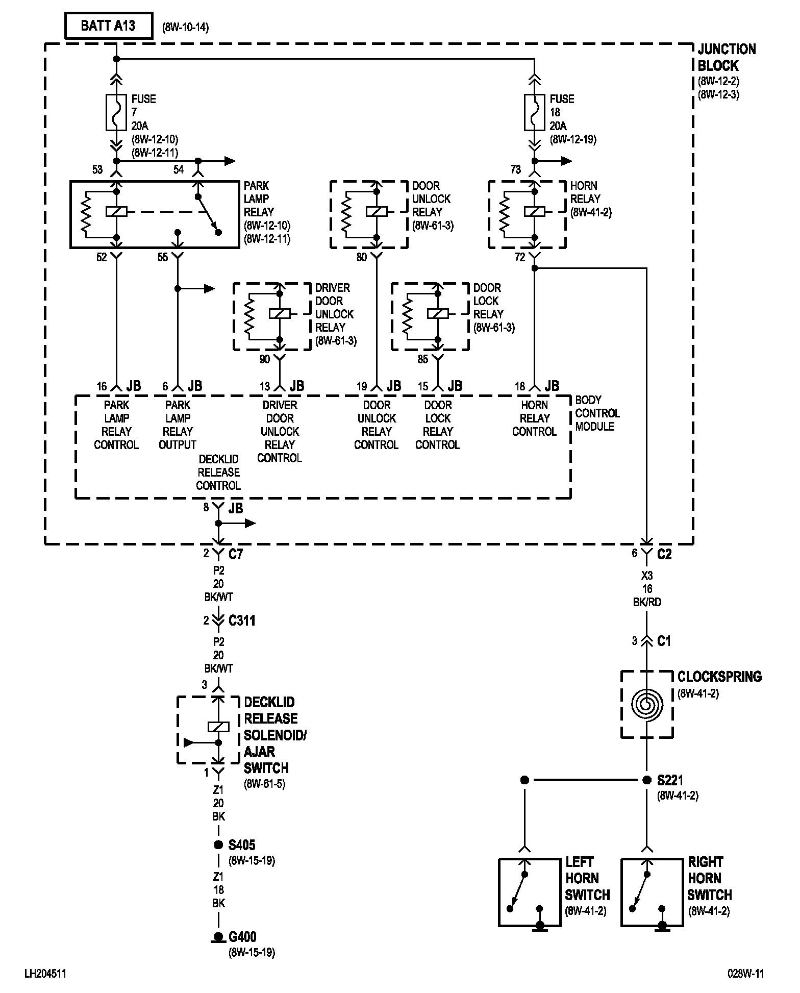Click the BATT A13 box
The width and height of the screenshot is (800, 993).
(x=108, y=26)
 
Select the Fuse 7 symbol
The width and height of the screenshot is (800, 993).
(x=116, y=112)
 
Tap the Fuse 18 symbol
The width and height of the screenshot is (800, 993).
(x=534, y=112)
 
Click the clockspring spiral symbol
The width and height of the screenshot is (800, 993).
(x=647, y=704)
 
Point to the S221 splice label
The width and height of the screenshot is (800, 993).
(x=670, y=780)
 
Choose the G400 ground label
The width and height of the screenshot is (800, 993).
(x=242, y=937)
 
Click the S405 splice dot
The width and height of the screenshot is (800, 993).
(x=218, y=845)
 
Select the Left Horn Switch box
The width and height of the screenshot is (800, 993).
(x=529, y=892)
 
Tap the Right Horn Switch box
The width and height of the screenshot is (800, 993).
(x=652, y=892)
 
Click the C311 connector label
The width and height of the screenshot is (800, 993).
(x=242, y=620)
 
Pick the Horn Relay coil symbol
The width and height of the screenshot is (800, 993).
(x=534, y=211)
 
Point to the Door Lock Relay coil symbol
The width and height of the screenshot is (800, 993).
(x=437, y=313)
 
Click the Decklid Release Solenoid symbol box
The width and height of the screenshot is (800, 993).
(x=208, y=730)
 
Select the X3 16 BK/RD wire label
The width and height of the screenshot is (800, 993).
(x=647, y=588)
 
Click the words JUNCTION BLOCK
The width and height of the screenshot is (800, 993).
(x=726, y=57)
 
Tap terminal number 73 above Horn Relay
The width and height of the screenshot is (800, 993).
(x=515, y=170)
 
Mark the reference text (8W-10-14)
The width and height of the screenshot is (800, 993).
(x=185, y=28)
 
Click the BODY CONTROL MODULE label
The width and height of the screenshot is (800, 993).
(x=597, y=413)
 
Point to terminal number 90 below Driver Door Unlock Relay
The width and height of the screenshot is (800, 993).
(x=264, y=360)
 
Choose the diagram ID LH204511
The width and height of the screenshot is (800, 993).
(x=45, y=974)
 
